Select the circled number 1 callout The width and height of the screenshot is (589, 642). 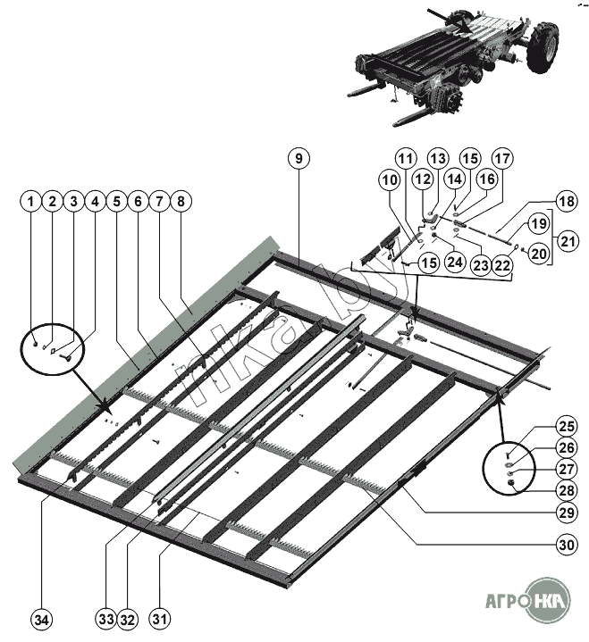[32, 202]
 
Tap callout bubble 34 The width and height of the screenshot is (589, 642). [42, 618]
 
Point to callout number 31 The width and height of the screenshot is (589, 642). [160, 618]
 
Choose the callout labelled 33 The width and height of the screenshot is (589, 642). [107, 618]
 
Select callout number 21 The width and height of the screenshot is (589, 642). [566, 241]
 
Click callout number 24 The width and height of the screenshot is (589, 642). [455, 263]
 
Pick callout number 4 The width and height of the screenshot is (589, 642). [95, 202]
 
